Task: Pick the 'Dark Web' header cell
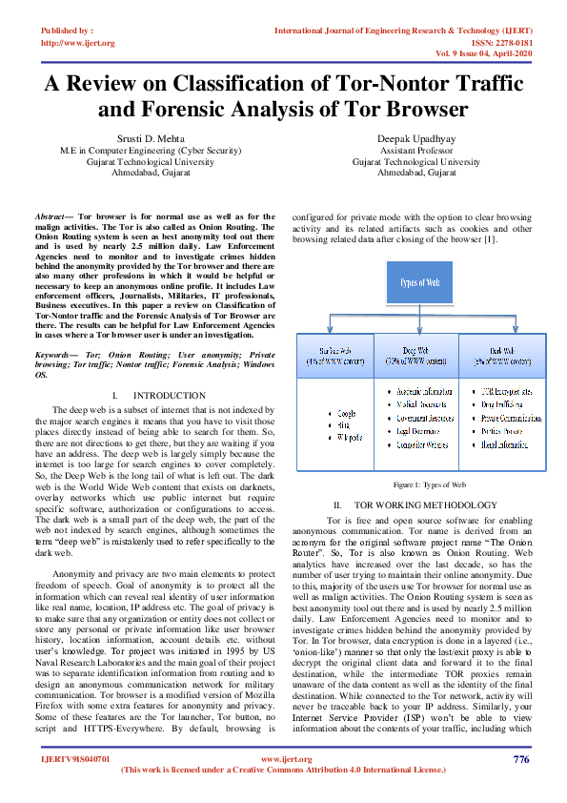click(x=505, y=357)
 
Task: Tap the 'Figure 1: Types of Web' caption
click(x=421, y=484)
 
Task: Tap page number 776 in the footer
click(x=520, y=759)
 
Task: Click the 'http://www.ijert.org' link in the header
click(x=77, y=43)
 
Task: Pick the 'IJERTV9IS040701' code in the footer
click(x=74, y=759)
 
